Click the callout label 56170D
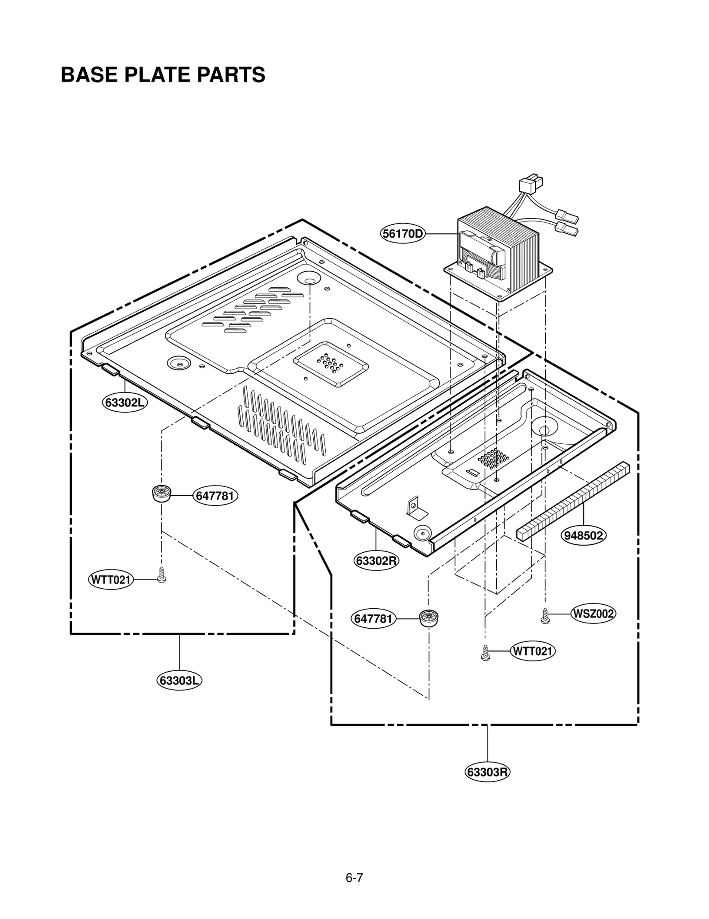pos(402,234)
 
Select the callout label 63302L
pos(125,403)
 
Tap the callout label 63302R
pos(376,561)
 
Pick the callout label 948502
pos(584,536)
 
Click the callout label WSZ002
pos(593,614)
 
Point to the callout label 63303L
pos(179,680)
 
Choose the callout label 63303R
pos(487,772)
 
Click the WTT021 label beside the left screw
pos(111,579)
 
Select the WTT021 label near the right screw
pos(533,651)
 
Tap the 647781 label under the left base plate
pos(215,496)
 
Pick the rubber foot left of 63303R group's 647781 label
pos(429,618)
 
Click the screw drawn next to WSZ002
pos(545,616)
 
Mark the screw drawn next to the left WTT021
pos(162,575)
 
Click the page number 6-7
pos(354,865)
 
